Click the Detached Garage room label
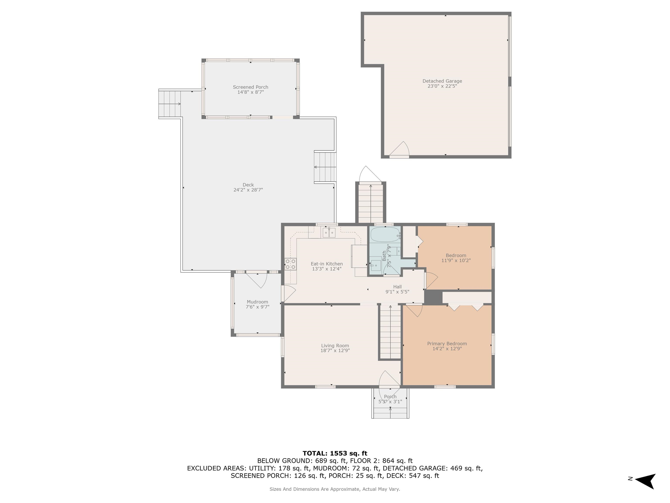[x=442, y=81]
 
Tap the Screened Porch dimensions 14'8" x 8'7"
[x=251, y=92]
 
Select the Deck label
[x=248, y=185]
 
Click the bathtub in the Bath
[x=385, y=234]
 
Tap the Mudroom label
[x=257, y=302]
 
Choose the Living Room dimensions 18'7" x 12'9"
[x=335, y=350]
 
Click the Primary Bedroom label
[x=447, y=343]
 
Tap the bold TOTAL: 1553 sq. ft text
[x=335, y=453]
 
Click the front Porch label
[x=390, y=397]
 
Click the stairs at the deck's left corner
[x=170, y=104]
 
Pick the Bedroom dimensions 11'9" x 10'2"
[x=456, y=260]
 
